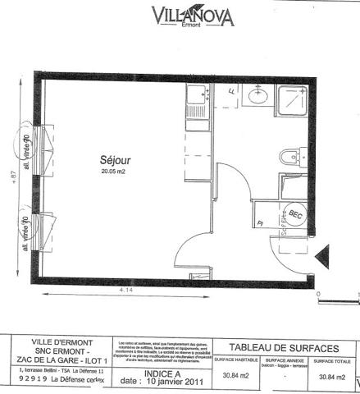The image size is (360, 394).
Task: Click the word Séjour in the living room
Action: click(x=115, y=160)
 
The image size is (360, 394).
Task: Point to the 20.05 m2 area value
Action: click(x=115, y=172)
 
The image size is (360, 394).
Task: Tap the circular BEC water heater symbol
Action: click(x=295, y=215)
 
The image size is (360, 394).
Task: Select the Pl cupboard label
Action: click(x=260, y=222)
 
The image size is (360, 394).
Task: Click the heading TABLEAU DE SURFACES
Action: click(x=280, y=347)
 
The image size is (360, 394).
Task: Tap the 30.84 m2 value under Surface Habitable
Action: click(x=236, y=376)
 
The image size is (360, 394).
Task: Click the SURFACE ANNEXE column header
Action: click(x=284, y=360)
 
